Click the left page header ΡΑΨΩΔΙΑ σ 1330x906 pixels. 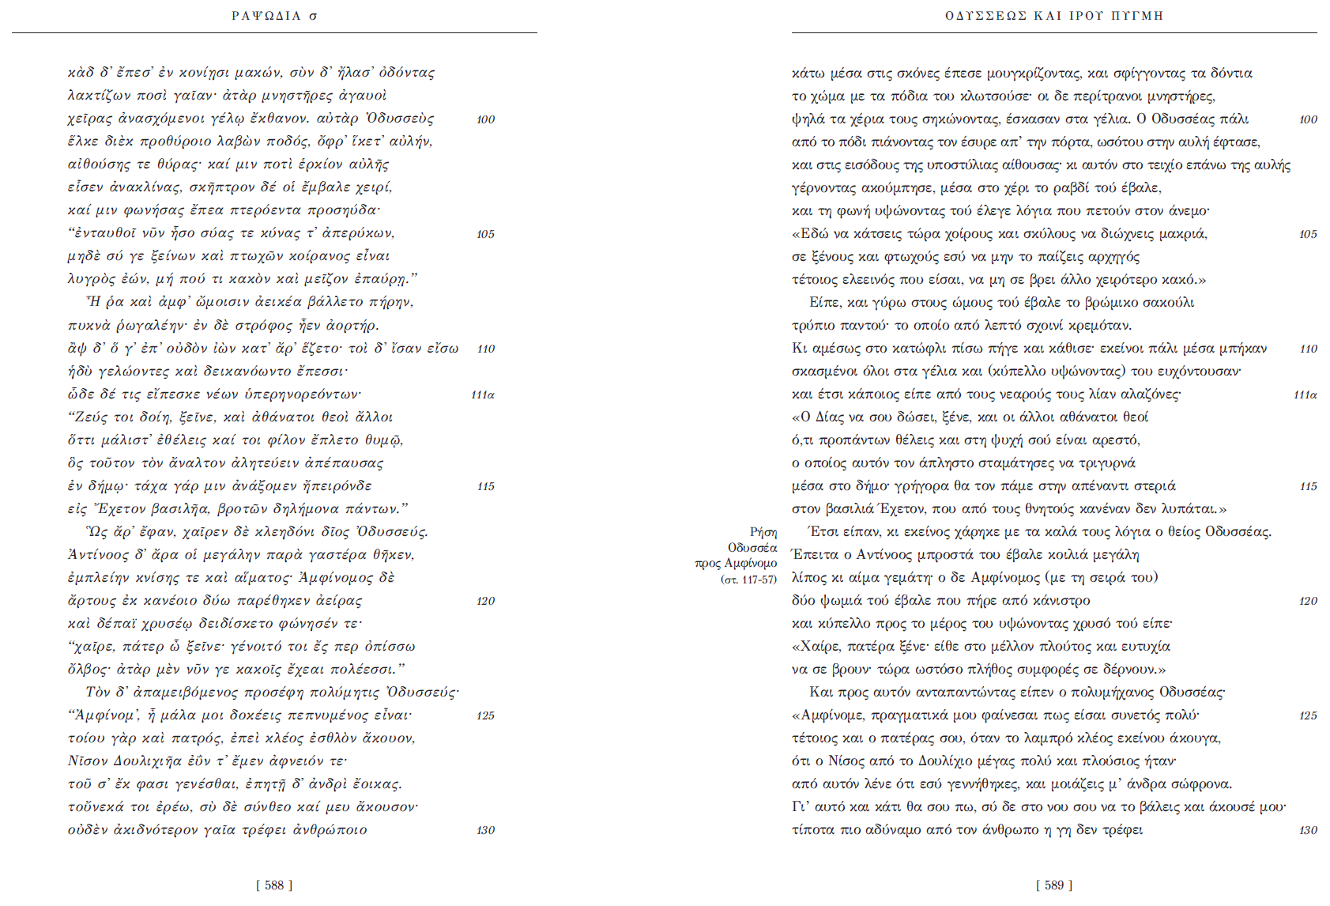point(274,16)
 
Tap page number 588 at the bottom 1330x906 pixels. point(274,885)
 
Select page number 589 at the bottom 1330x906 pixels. point(1054,885)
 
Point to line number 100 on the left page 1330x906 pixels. point(485,119)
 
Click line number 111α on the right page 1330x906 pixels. point(1305,394)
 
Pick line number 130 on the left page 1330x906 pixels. point(485,830)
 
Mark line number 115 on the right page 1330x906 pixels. point(1308,486)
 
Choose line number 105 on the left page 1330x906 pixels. point(485,234)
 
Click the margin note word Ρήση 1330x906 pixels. point(763,532)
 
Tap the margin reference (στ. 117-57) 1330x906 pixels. point(748,579)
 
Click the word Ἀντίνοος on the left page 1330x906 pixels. point(95,554)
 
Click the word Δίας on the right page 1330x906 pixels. point(830,417)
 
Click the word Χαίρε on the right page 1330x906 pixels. point(819,646)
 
